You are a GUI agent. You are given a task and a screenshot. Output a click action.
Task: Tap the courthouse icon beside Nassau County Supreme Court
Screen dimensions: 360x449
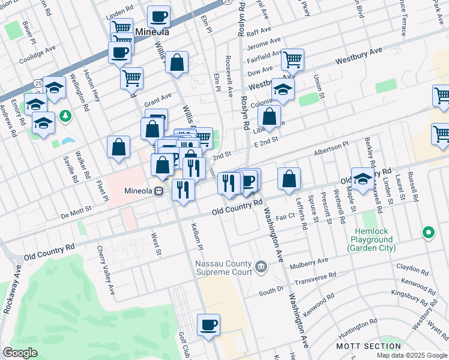[261, 266]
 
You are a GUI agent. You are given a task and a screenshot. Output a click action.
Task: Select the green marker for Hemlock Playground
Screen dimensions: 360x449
[429, 232]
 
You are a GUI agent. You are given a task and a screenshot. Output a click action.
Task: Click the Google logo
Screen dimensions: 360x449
[20, 353]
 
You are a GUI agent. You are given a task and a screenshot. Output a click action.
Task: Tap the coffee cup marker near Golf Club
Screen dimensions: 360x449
[208, 325]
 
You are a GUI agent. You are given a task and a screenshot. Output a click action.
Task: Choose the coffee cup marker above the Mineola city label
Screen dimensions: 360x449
[158, 16]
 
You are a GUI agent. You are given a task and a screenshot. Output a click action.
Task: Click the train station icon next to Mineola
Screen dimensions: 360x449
[159, 192]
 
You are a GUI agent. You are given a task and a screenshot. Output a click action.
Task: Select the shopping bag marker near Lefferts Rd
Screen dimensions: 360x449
[289, 178]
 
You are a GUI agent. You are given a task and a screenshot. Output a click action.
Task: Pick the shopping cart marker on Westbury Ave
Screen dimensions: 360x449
[292, 59]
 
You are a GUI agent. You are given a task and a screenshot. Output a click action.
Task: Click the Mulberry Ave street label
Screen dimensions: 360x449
[309, 262]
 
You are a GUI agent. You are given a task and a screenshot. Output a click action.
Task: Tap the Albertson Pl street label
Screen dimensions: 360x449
[331, 148]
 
